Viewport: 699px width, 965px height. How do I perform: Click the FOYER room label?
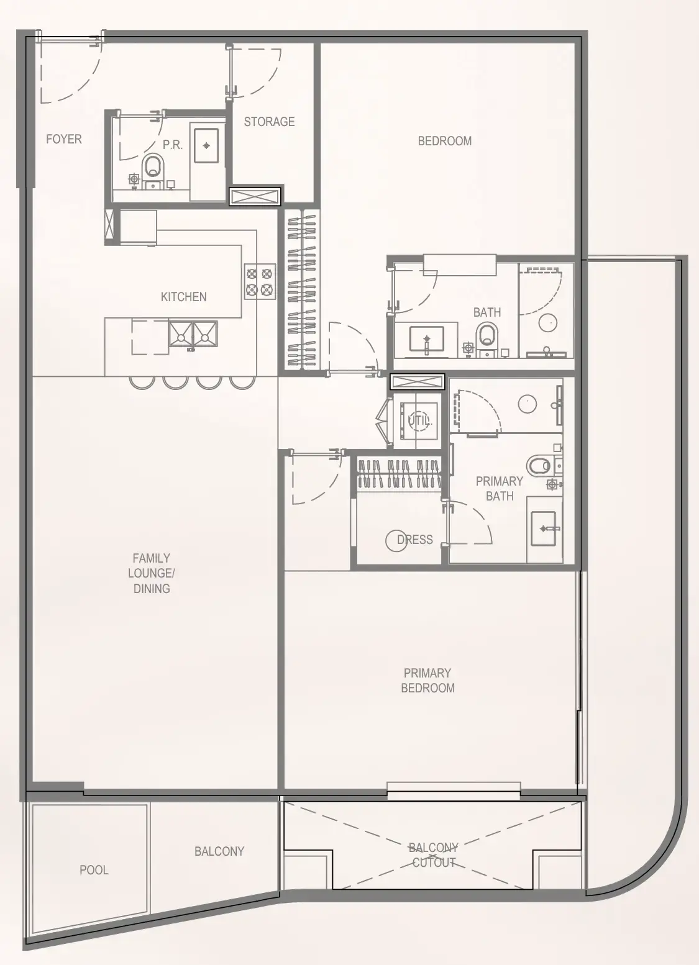click(x=63, y=139)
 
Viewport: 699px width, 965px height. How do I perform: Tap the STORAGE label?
click(x=269, y=122)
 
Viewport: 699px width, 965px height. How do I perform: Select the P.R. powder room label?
click(x=172, y=145)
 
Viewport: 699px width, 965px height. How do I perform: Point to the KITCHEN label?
click(x=183, y=297)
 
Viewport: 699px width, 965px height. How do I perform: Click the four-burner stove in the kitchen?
click(x=260, y=281)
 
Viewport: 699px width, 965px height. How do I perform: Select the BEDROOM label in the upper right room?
click(x=444, y=141)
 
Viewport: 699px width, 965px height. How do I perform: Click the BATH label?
click(x=487, y=312)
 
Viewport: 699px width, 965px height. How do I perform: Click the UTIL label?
click(x=419, y=420)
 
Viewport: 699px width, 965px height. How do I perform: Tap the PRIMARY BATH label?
click(x=500, y=488)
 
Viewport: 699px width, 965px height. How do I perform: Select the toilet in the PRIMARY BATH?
click(x=539, y=464)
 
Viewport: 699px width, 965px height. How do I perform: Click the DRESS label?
click(x=414, y=540)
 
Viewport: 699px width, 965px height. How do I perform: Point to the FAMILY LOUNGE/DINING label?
click(x=152, y=573)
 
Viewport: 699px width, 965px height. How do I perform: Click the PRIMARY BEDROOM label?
click(x=427, y=680)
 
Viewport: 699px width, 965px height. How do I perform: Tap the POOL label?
click(x=94, y=870)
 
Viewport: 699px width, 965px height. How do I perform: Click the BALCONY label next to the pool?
click(x=219, y=851)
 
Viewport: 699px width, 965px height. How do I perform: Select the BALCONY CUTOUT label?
click(x=434, y=855)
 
